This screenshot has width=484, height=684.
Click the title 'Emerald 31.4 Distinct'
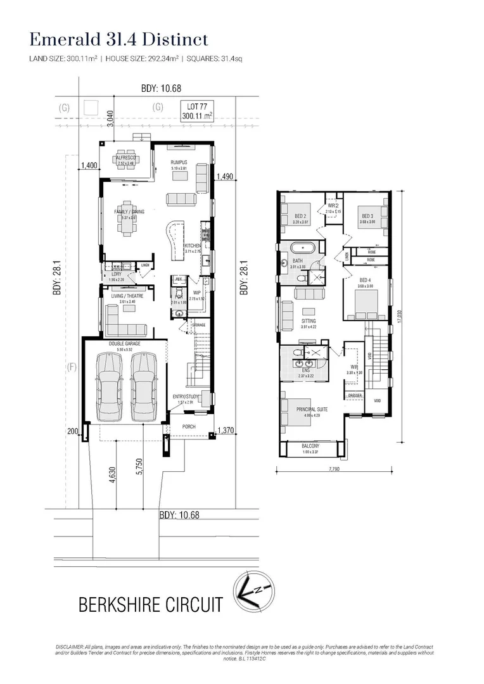[x=119, y=39]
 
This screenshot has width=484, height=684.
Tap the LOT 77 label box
[x=197, y=111]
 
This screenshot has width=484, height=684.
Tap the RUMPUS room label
[x=179, y=162]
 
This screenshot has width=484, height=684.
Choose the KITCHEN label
[x=193, y=245]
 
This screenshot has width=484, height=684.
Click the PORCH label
[x=189, y=427]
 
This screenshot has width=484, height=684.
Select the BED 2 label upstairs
[x=300, y=216]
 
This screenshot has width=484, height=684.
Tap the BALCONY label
[x=310, y=446]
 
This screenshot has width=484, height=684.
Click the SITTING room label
[x=308, y=321]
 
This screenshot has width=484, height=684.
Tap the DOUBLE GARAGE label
[x=124, y=343]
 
